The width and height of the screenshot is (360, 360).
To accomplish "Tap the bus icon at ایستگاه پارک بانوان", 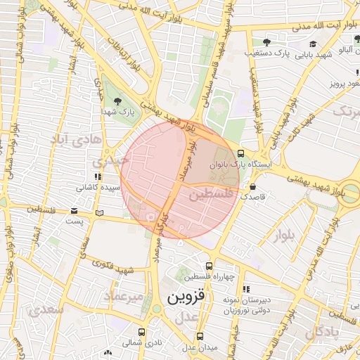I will pos(241,153).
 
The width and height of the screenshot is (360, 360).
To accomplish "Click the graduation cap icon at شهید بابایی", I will pos(313,44).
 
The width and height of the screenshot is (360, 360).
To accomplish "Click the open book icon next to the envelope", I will pos(99,212).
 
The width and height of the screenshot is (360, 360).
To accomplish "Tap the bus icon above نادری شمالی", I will pos(141,333).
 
